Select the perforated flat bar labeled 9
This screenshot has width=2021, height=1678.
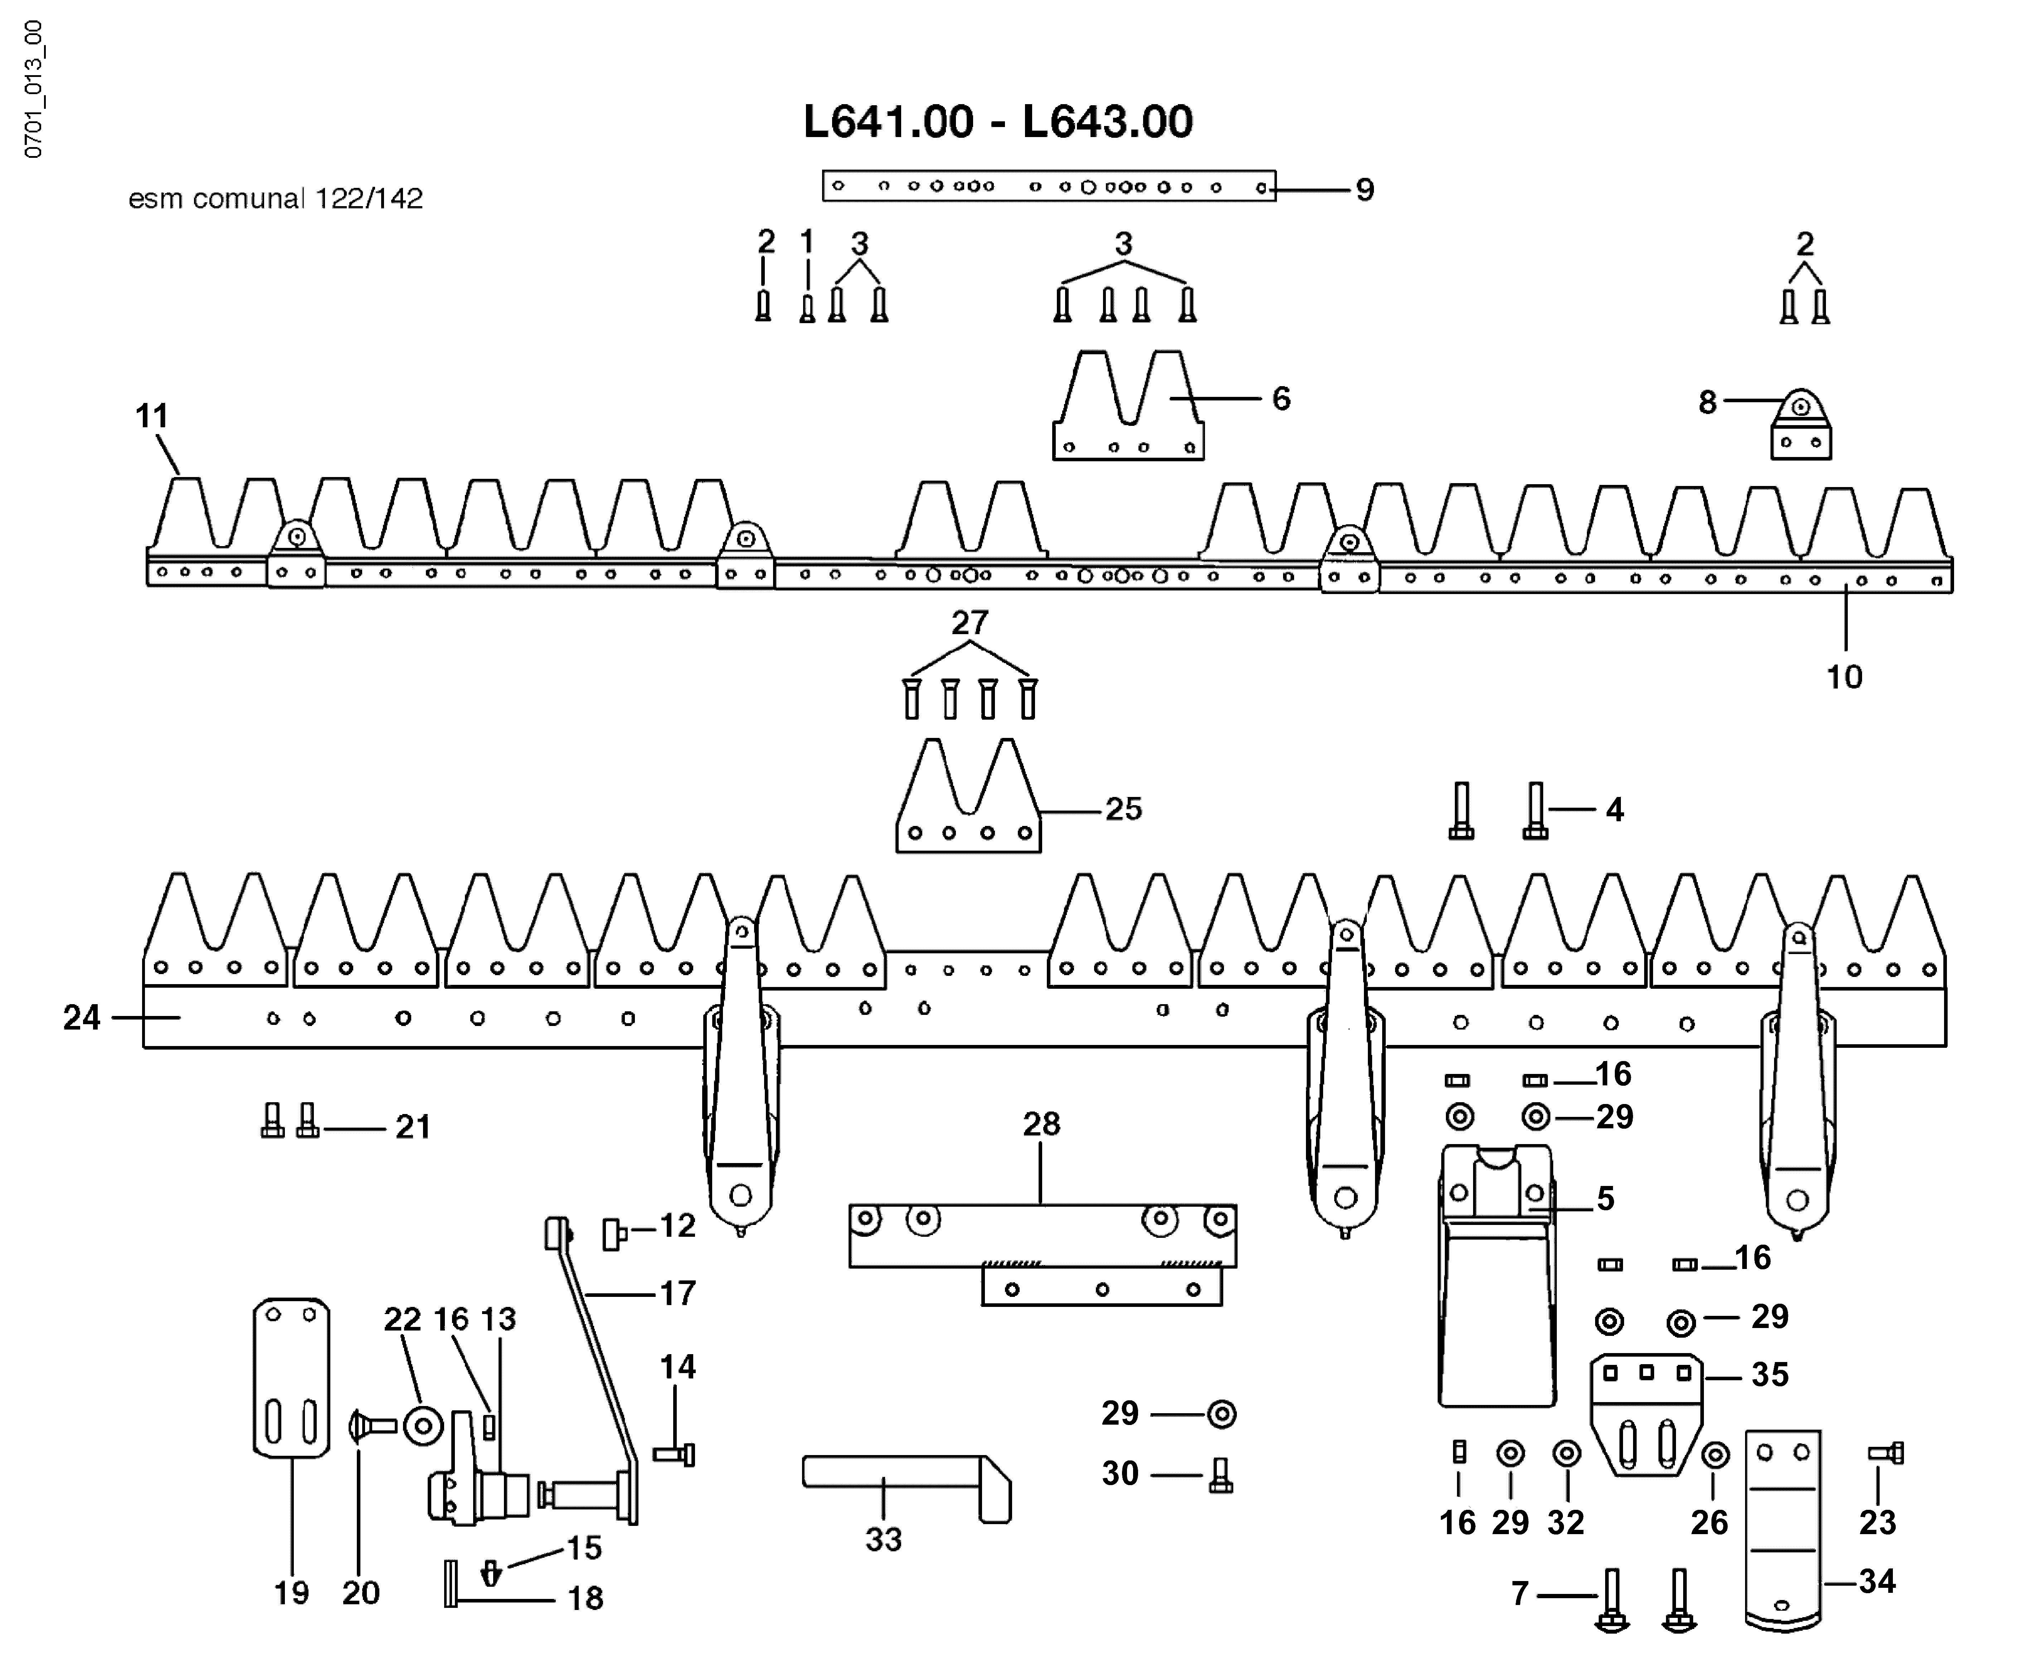[x=1049, y=186]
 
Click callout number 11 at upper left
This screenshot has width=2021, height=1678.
[x=151, y=417]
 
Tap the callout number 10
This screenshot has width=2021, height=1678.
[x=1844, y=677]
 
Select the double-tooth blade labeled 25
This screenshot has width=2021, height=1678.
[x=968, y=796]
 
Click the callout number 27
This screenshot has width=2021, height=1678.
[x=970, y=623]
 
